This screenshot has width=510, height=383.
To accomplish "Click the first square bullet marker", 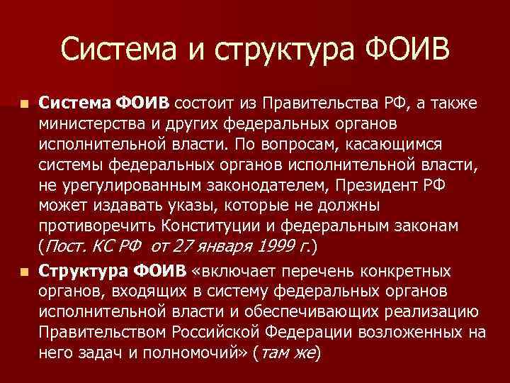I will (x=25, y=105).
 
